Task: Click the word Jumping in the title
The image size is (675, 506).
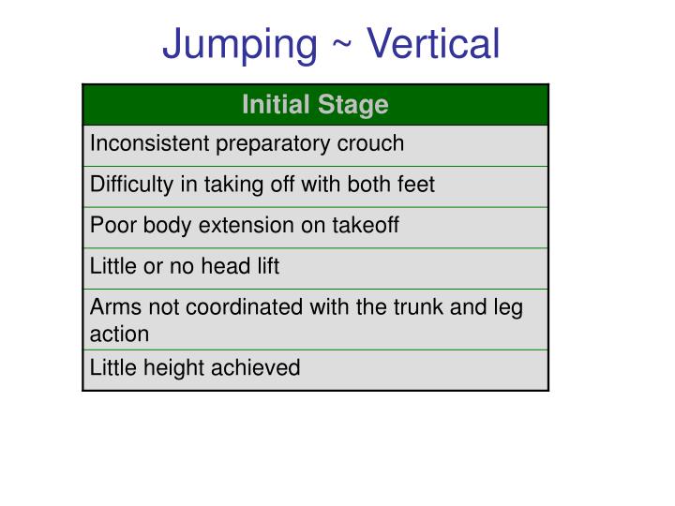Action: point(240,44)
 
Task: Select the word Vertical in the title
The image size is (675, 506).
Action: point(433,44)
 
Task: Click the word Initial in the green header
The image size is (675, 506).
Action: point(272,104)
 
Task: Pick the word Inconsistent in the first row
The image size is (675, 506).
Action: point(150,143)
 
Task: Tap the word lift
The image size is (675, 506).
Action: point(267,266)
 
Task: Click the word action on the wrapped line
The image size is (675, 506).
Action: point(119,334)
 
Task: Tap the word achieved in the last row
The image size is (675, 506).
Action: point(258,368)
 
